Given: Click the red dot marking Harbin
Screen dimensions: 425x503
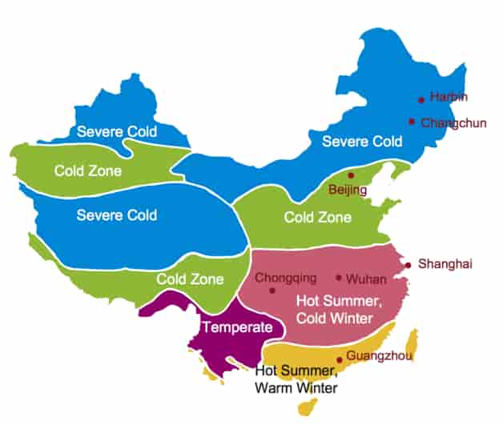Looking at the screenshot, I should coord(421,100).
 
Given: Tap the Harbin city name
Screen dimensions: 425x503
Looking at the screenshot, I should coord(449,97).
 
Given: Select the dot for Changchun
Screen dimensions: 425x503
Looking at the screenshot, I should coord(412,122).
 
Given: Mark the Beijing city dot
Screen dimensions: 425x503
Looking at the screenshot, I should coord(351,174).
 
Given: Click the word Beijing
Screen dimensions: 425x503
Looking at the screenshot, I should coord(348,190).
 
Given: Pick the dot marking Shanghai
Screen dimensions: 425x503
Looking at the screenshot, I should coord(408,265).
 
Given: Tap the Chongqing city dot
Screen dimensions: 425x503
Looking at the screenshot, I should coord(272,291).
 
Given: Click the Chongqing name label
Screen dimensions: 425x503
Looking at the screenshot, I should coord(285,278).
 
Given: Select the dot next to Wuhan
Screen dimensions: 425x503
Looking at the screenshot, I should coord(339,278).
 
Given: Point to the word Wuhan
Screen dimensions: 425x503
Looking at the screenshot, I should coord(366,279).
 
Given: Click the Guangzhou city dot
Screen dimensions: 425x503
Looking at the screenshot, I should coord(340,359).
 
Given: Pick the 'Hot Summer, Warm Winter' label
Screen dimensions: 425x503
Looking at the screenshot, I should coord(297,379).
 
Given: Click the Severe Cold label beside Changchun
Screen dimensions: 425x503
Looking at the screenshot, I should coord(362,142).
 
